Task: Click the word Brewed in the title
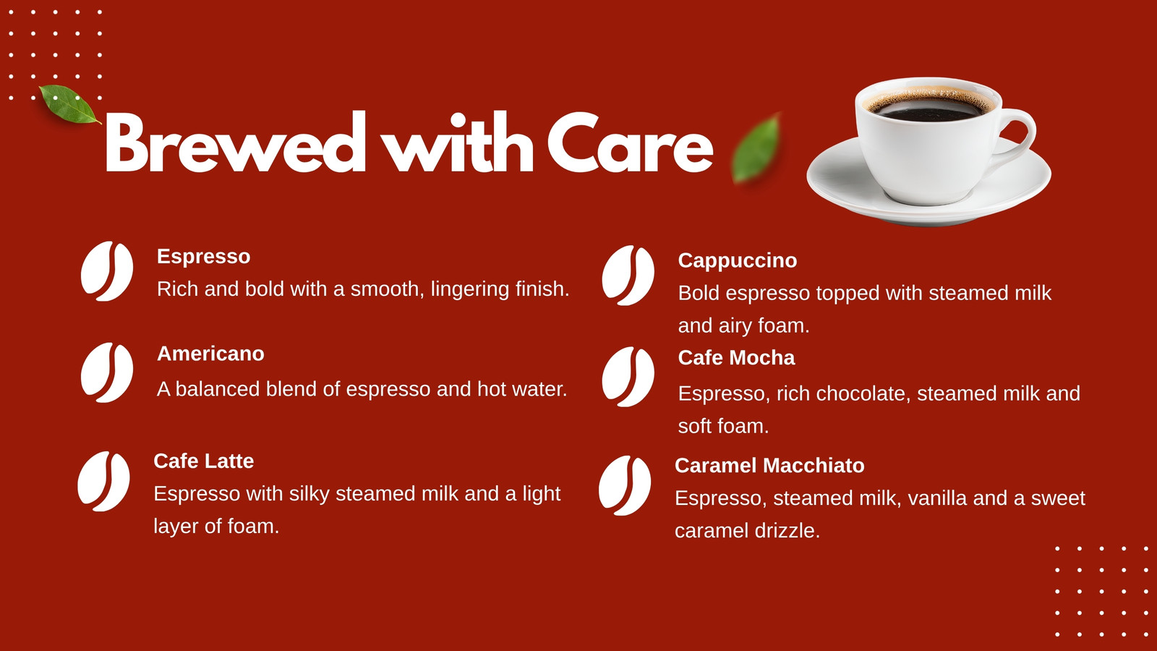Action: (236, 141)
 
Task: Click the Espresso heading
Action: (203, 256)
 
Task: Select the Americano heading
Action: (210, 354)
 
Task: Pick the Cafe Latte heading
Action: (203, 461)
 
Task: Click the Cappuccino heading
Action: (737, 260)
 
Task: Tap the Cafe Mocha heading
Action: (736, 357)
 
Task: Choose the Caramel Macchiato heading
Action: (769, 466)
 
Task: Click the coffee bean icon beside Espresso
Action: (107, 271)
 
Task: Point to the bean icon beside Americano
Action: (107, 373)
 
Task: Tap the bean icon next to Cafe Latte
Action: (103, 482)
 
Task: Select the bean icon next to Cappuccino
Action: (628, 276)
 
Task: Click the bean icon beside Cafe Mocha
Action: (628, 377)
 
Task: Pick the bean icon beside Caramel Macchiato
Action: (625, 485)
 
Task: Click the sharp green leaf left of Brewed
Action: (69, 104)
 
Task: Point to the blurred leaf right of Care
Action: (757, 149)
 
